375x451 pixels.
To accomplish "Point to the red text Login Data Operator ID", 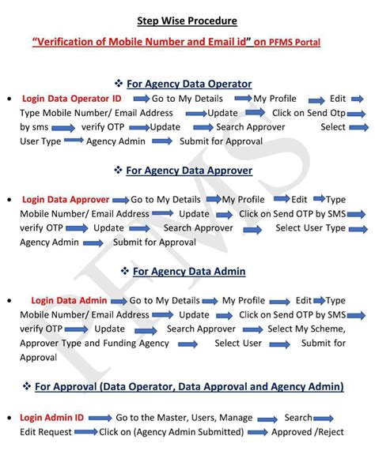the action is [72, 99].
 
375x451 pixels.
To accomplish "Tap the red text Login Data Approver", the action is [66, 200].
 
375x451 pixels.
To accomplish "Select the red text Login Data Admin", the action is [69, 301].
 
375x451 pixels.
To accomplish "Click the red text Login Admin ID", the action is [54, 417].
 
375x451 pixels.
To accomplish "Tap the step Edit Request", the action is [46, 432].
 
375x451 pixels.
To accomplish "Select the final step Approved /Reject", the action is [308, 432].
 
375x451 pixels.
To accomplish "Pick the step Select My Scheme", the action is [306, 329].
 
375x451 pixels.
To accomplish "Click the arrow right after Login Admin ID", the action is [100, 417].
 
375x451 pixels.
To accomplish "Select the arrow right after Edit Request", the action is [85, 432].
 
